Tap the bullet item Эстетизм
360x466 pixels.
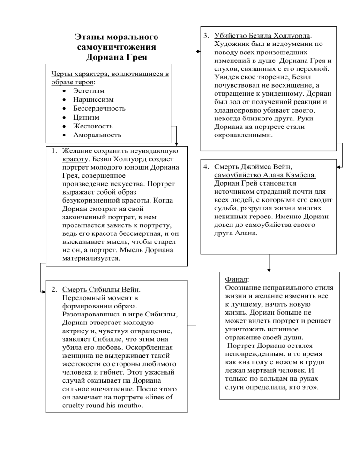[x=89, y=90]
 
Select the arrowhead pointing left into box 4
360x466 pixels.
[x=339, y=166]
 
